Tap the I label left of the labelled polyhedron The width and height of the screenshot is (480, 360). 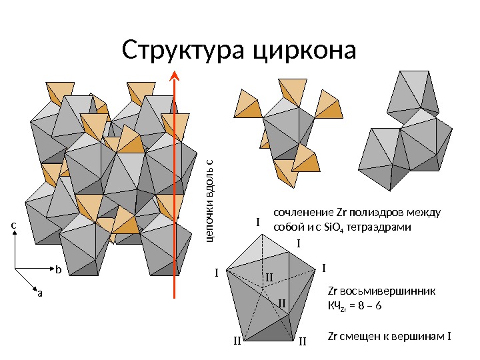click(216, 273)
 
